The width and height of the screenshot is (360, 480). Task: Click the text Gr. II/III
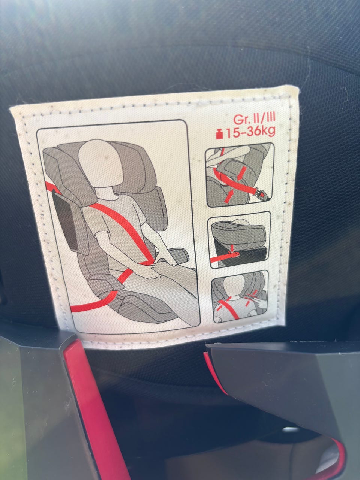coord(254,119)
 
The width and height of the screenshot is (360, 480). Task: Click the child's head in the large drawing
coord(99,163)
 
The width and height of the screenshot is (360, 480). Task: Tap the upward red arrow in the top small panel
coord(228,196)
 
